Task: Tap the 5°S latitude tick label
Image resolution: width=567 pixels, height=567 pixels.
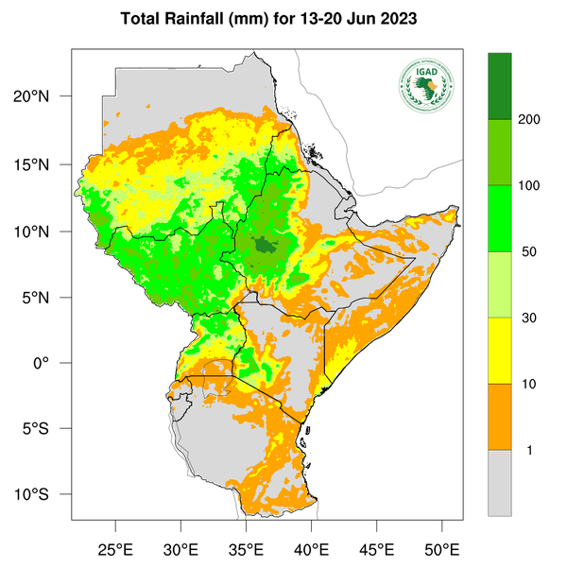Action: (x=47, y=429)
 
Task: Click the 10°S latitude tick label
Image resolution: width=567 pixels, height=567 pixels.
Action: (x=43, y=495)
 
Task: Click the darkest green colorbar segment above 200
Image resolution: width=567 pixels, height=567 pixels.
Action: (x=499, y=86)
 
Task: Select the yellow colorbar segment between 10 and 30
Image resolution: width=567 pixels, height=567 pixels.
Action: (x=499, y=350)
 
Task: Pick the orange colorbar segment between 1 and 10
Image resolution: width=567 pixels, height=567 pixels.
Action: (x=499, y=416)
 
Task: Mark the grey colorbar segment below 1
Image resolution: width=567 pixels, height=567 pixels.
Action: (x=499, y=482)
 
